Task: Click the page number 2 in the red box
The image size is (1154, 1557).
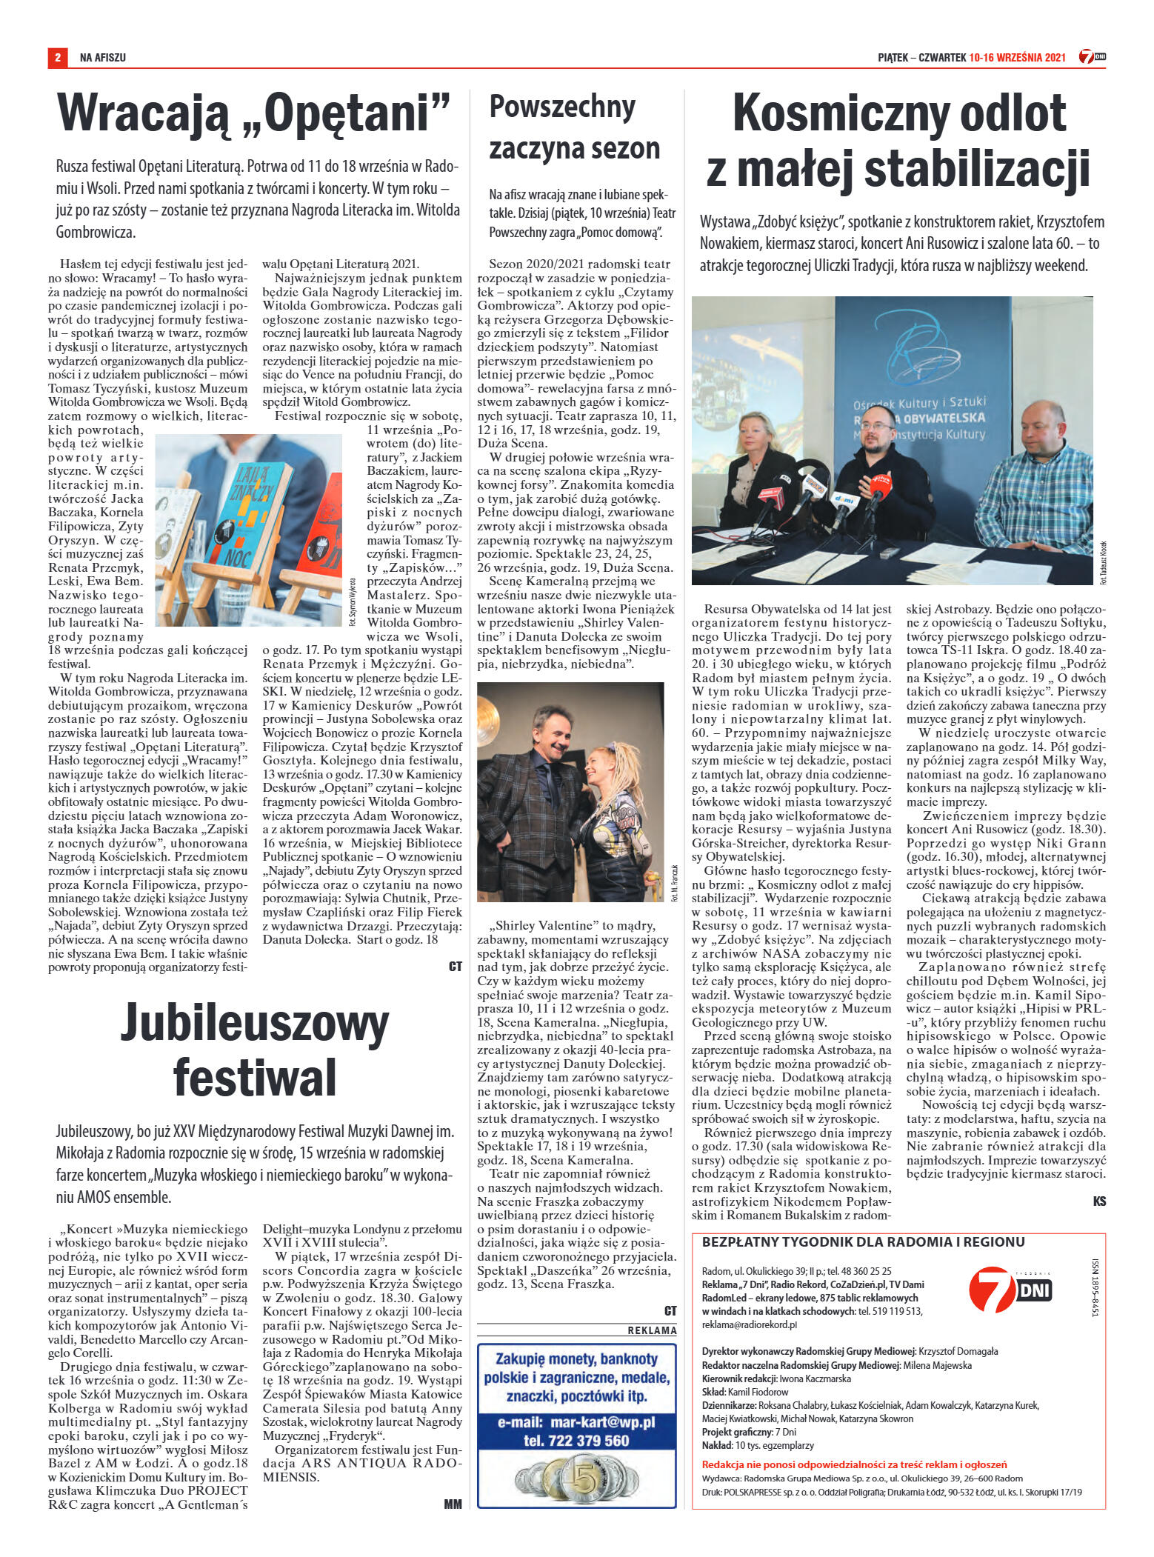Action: pos(57,57)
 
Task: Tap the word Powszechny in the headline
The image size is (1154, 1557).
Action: pos(562,107)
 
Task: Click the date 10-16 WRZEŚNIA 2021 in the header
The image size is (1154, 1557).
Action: pos(1017,57)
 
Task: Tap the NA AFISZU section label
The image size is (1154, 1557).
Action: pos(103,57)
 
